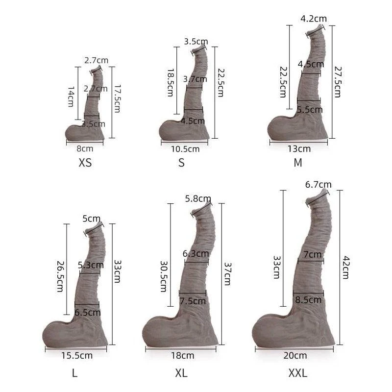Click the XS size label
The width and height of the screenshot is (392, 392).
coord(85,163)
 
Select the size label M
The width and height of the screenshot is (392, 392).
coord(298,163)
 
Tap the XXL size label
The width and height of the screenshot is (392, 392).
coord(298,373)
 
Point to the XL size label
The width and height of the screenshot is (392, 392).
coord(181,373)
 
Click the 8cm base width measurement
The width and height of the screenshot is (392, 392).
coord(85,149)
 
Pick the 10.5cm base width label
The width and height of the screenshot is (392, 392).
coord(185,149)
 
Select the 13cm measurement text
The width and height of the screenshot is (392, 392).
coord(299,149)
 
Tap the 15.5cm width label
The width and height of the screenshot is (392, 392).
coord(77,356)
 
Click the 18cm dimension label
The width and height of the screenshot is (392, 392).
coord(182,356)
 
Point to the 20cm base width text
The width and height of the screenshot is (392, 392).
coord(295,356)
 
